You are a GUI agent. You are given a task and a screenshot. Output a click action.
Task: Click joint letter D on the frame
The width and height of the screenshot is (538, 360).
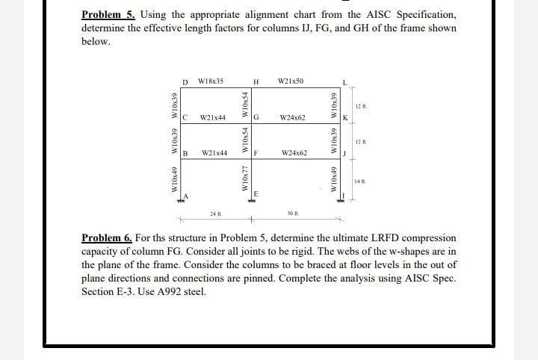[x=185, y=81]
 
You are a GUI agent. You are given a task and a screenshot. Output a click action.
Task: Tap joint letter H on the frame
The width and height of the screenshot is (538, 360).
[x=256, y=81]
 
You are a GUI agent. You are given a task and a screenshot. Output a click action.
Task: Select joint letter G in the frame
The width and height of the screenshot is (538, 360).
[x=256, y=118]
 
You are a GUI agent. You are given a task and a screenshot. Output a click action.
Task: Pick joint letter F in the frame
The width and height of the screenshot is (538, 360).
[x=256, y=154]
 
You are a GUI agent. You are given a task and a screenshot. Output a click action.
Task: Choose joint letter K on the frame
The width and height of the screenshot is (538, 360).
[x=344, y=118]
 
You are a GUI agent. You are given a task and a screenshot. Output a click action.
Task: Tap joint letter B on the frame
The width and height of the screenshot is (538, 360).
[x=185, y=154]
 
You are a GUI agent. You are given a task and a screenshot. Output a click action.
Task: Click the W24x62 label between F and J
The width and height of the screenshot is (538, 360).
[x=292, y=153]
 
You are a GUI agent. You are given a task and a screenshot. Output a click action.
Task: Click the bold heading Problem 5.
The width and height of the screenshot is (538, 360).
[x=106, y=15]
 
